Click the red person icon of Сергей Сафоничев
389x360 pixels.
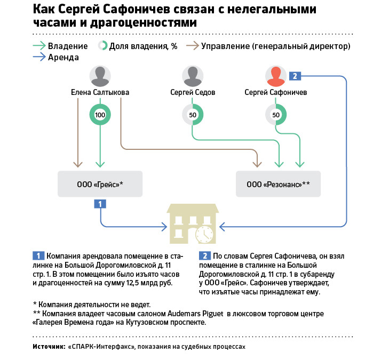(276, 76)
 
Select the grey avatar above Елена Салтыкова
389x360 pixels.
(100, 76)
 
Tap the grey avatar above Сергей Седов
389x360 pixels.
(193, 76)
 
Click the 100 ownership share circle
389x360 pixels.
(100, 115)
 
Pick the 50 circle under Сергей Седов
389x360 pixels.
(193, 115)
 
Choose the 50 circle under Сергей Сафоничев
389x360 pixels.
(276, 115)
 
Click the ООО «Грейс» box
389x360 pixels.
(100, 184)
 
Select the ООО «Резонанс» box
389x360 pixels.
(278, 184)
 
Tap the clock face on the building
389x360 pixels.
(204, 235)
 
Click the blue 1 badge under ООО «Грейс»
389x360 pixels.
(100, 204)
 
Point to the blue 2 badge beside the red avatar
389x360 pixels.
(295, 76)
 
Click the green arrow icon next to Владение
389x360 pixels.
(39, 46)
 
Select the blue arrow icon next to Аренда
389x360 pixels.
(39, 57)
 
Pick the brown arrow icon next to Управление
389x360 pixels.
(193, 46)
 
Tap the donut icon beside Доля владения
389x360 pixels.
(102, 46)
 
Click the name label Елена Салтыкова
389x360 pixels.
(100, 92)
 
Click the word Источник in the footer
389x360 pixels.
(49, 347)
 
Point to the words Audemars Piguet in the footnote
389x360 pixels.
(195, 314)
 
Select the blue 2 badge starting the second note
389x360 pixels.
(205, 256)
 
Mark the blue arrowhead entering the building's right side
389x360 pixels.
(223, 227)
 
